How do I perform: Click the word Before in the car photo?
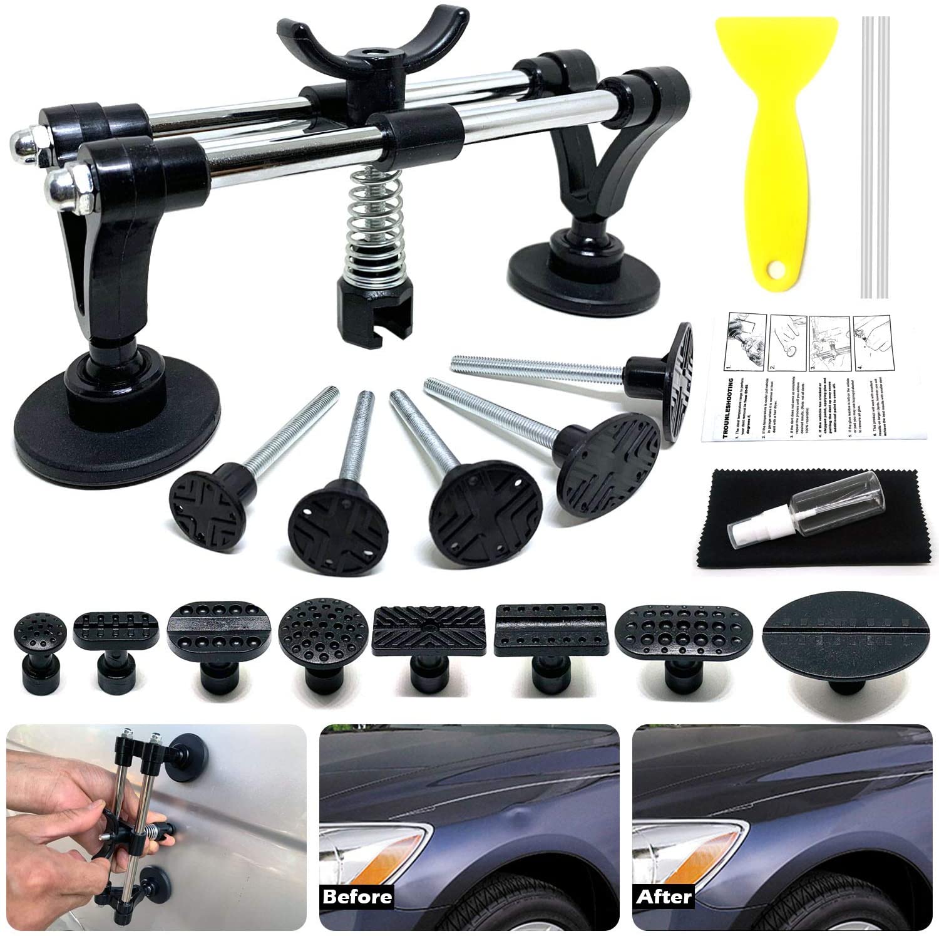click(357, 896)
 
